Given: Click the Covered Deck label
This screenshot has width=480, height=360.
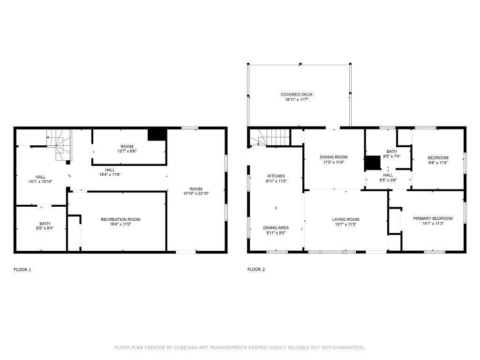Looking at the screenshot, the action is (296, 95).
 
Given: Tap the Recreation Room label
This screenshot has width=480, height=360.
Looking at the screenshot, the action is (120, 219).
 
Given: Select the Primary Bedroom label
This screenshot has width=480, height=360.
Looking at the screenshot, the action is (433, 218).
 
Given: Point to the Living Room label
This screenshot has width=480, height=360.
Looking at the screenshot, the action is (345, 219).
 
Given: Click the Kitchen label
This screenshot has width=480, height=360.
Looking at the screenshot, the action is (276, 176).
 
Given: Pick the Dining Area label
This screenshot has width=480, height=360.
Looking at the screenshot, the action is (276, 228).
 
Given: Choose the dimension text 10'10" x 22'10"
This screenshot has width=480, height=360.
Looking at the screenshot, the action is (196, 194).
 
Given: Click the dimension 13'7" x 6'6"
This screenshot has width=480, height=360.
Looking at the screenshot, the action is (127, 151).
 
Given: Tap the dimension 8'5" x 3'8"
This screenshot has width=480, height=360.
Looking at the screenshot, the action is (388, 180).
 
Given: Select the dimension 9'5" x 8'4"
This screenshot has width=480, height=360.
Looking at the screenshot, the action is (45, 228).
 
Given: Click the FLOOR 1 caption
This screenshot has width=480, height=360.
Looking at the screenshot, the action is (22, 270).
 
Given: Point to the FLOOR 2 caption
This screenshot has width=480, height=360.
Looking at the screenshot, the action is (256, 270).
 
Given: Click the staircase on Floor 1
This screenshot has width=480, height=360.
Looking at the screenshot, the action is (60, 144).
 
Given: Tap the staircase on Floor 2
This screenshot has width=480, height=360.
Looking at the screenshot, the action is (270, 137).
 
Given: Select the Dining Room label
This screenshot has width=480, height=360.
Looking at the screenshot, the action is (333, 157).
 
